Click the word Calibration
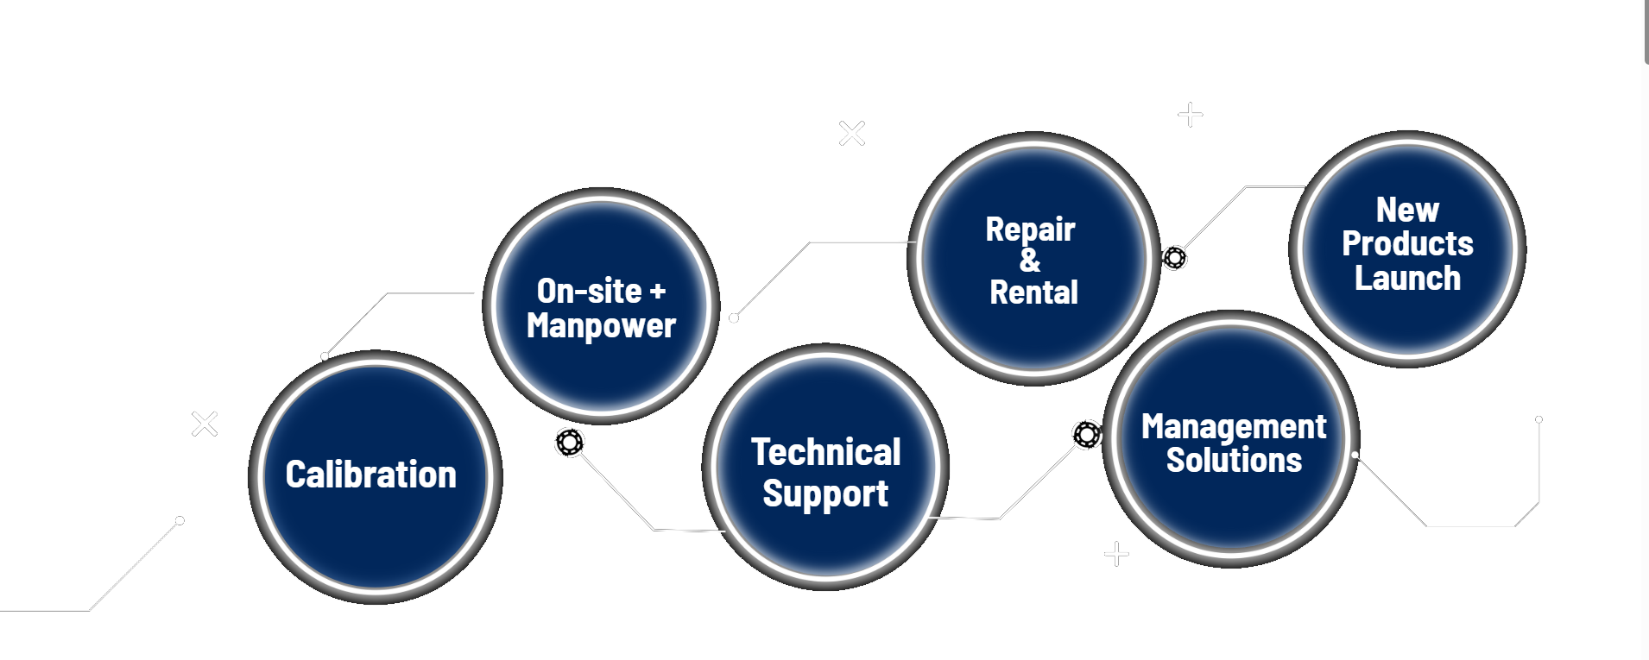pos(370,475)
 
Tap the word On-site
pos(589,292)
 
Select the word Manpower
pos(601,326)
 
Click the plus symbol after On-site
pos(658,292)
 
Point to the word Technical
pos(825,452)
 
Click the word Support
pos(825,494)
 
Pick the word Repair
pos(1030,229)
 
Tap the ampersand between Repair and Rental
pos(1030,260)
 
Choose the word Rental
pos(1033,292)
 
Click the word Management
pos(1234,426)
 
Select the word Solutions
pos(1234,460)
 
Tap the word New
pos(1407,210)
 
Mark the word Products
pos(1407,243)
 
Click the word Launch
pos(1407,279)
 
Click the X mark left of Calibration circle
pos(205,424)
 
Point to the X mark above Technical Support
pos(852,133)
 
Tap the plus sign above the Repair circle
pos(1191,114)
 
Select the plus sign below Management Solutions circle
pos(1116,553)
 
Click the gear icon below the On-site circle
pos(570,443)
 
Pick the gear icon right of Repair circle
pos(1174,257)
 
